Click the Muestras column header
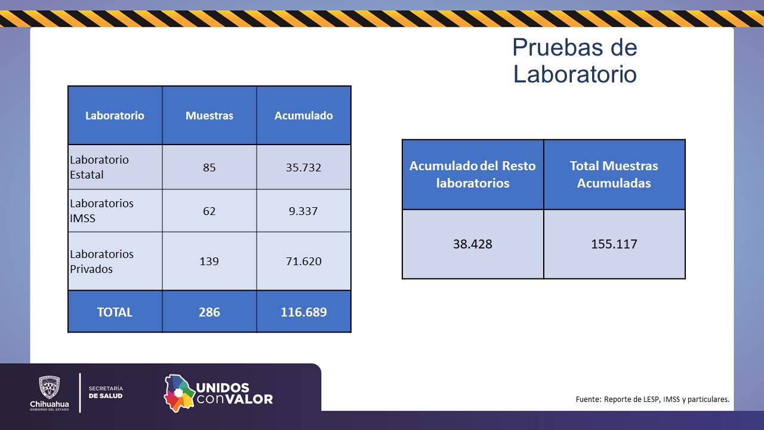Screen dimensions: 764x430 click(209, 116)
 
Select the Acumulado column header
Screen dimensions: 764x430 click(304, 116)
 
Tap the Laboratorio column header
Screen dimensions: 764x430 click(115, 116)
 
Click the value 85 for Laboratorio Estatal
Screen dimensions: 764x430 click(209, 168)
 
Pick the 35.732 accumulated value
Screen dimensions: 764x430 click(304, 168)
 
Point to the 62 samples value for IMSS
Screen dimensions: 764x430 click(209, 211)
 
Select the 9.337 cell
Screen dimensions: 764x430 click(303, 211)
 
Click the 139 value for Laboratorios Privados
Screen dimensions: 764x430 click(209, 262)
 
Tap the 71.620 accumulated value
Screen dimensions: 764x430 click(304, 262)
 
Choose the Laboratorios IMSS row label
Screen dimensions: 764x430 click(101, 211)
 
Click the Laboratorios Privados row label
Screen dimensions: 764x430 click(101, 262)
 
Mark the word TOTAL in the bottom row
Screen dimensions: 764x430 click(115, 312)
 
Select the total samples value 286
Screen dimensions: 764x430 click(209, 312)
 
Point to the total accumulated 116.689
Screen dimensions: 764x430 click(304, 312)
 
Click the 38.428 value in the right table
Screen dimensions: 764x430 click(472, 244)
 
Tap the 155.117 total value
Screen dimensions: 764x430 click(614, 244)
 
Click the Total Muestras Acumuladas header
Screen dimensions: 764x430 click(614, 174)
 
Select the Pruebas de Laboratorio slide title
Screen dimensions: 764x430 click(575, 61)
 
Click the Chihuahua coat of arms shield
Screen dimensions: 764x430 click(50, 388)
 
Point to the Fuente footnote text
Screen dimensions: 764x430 click(652, 400)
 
